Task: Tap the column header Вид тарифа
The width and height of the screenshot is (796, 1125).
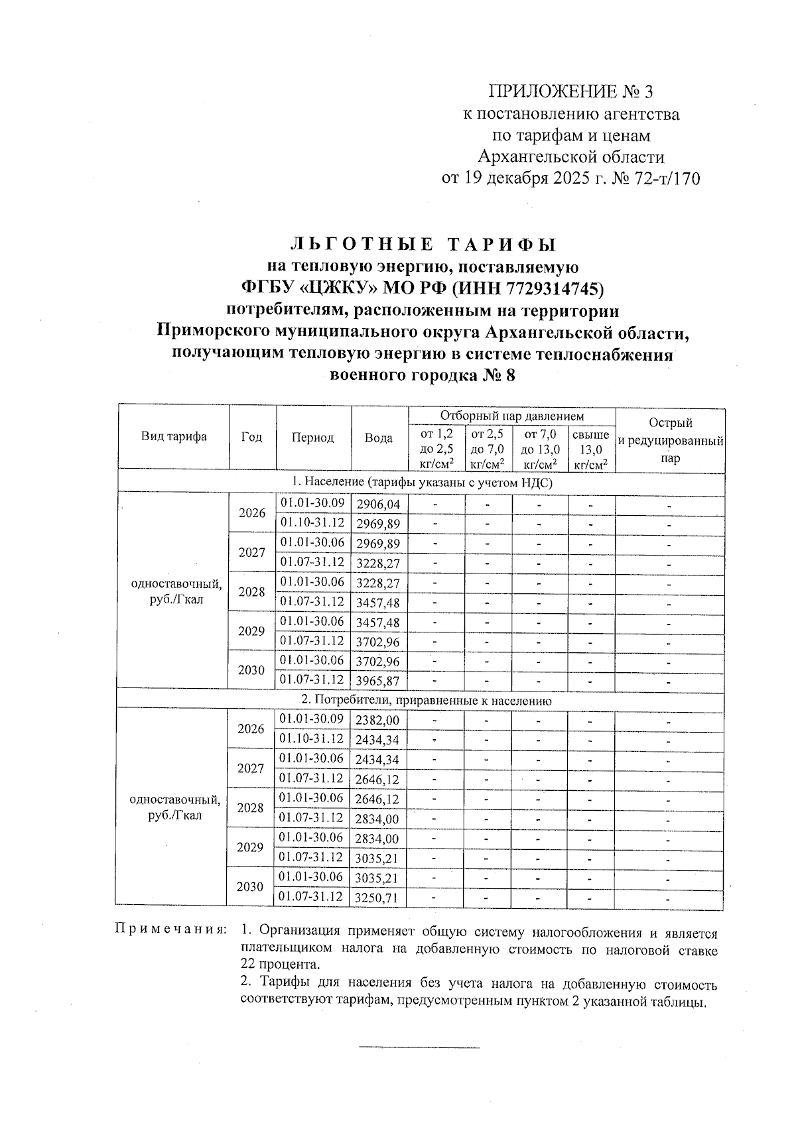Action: point(174,436)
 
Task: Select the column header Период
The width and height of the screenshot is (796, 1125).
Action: point(312,438)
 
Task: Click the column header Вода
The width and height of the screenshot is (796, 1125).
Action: point(379,438)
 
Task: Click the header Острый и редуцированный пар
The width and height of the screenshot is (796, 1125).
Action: point(670,440)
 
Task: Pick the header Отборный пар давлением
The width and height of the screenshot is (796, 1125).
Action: point(512,416)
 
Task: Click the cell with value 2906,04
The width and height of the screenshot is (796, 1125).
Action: point(378,505)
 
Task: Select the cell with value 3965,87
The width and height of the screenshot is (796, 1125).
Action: point(378,681)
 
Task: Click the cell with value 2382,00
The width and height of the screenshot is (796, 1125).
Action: point(378,721)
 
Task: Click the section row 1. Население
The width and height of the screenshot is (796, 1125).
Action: point(422,483)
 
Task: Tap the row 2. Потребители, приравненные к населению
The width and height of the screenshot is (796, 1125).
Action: point(422,700)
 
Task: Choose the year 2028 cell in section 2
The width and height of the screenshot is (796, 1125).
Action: point(250,808)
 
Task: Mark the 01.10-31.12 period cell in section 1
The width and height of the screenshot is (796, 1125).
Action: point(312,523)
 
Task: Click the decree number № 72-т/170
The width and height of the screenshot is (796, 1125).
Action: point(656,179)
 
